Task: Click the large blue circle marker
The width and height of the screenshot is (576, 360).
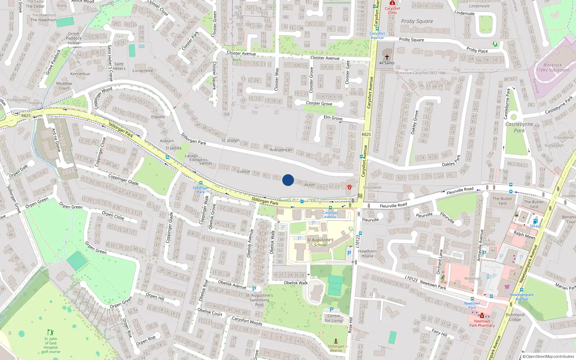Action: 288,180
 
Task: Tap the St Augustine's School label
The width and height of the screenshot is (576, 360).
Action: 320,242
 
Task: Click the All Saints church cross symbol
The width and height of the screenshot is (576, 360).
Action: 387,57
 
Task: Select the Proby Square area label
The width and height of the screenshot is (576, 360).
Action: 417,21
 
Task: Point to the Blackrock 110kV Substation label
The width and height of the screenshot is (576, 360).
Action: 553,68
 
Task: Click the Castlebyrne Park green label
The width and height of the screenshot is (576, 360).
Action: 519,127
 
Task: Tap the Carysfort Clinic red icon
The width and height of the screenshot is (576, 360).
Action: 392,3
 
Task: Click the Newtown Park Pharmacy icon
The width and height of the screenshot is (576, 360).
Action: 482,316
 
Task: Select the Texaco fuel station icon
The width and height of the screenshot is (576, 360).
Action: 535,221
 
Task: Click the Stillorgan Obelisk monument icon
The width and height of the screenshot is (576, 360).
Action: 336,341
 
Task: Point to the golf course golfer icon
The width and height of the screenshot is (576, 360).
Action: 51,332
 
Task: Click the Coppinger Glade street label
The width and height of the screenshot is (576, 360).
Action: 123,179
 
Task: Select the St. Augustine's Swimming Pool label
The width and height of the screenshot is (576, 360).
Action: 259,300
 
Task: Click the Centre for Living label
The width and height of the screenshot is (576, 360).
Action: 334,318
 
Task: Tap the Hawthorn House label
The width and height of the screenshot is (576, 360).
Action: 367,253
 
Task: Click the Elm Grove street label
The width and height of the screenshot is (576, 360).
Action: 333,118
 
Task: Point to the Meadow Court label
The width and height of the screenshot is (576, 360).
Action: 64,86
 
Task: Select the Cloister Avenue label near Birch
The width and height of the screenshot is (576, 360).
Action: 241,53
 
